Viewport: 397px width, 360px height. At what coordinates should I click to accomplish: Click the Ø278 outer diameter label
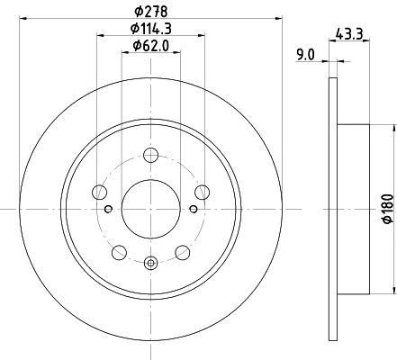tap(151, 12)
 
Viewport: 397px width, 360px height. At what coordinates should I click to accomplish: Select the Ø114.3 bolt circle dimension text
tap(151, 29)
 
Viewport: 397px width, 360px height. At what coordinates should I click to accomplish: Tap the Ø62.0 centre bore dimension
tap(151, 46)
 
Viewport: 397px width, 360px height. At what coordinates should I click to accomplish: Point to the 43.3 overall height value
tap(349, 33)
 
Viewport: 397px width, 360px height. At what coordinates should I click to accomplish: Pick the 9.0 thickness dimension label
tap(305, 55)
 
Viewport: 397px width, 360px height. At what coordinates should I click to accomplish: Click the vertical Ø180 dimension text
tap(388, 209)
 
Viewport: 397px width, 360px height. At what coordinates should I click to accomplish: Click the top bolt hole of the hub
tap(150, 155)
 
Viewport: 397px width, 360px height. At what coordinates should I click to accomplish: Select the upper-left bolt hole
tap(100, 193)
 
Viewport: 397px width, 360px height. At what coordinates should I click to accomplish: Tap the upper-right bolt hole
tap(202, 193)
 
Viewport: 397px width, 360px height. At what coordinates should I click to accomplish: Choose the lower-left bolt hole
tap(119, 252)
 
